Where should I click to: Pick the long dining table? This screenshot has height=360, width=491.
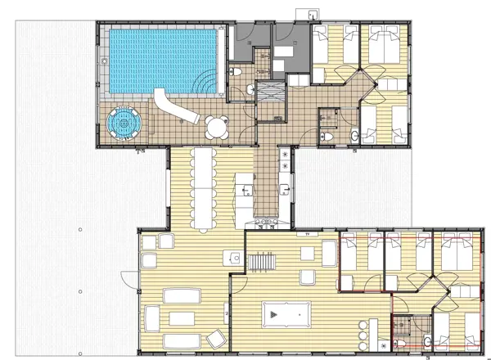(x=201, y=189)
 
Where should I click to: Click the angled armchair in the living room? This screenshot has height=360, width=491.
(x=216, y=335)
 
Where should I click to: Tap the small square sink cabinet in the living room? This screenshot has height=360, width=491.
(x=235, y=258)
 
